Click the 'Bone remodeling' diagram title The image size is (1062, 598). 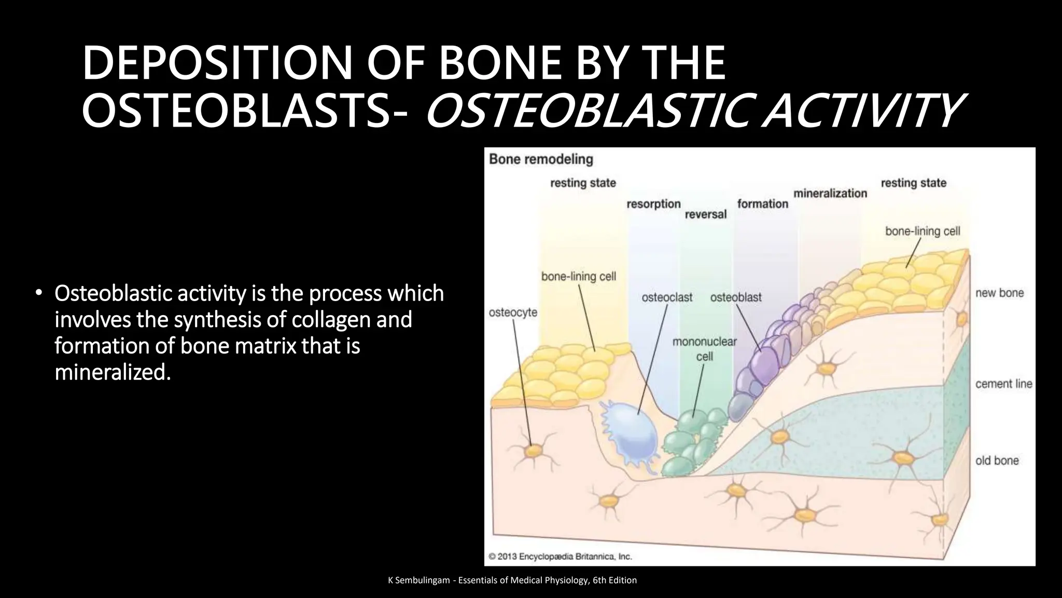pos(541,159)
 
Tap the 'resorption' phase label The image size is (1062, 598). pos(653,204)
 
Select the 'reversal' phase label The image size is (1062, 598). pos(705,214)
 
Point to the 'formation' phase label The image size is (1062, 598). pos(762,204)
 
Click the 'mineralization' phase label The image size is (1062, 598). pos(830,193)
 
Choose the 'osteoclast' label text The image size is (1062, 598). pos(667,297)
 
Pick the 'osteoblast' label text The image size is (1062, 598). pos(735,297)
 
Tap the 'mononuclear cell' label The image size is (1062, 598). pos(704,349)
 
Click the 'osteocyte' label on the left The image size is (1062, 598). pos(513,312)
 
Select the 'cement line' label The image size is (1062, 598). pos(1003,384)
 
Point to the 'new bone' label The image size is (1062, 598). pos(999,293)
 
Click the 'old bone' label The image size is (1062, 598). pos(997,460)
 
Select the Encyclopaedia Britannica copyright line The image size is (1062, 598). pos(561,556)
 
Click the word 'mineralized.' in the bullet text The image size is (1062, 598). pos(113,372)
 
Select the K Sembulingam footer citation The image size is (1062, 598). pos(512,580)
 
